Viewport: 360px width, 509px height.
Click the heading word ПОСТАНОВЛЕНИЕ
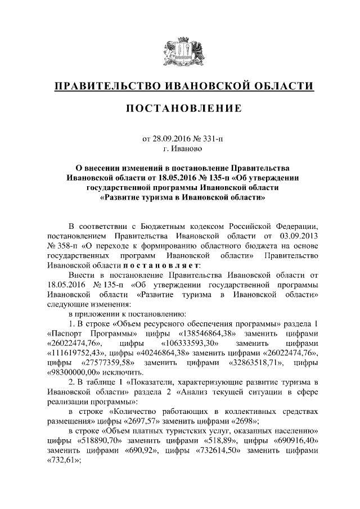(x=179, y=108)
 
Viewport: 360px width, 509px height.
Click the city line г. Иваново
(x=179, y=148)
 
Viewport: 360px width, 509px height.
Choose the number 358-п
(x=59, y=246)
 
